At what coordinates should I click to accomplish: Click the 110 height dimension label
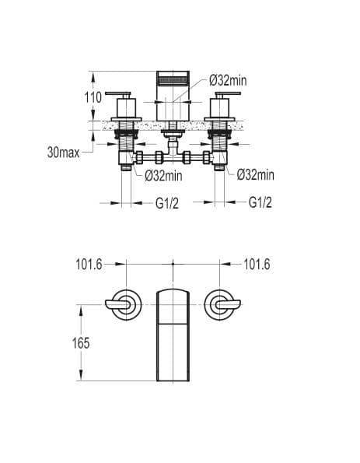click(93, 97)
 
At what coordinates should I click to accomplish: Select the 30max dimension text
click(64, 153)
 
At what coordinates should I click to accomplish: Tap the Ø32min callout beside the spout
click(228, 80)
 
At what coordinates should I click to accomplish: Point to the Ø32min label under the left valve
click(163, 176)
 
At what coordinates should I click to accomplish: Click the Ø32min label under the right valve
click(256, 175)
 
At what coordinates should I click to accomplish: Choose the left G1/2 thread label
click(167, 203)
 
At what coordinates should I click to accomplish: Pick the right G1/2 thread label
click(260, 202)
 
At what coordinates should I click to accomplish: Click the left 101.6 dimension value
click(89, 264)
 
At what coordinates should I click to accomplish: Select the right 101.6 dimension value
click(257, 264)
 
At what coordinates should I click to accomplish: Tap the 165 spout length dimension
click(81, 343)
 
